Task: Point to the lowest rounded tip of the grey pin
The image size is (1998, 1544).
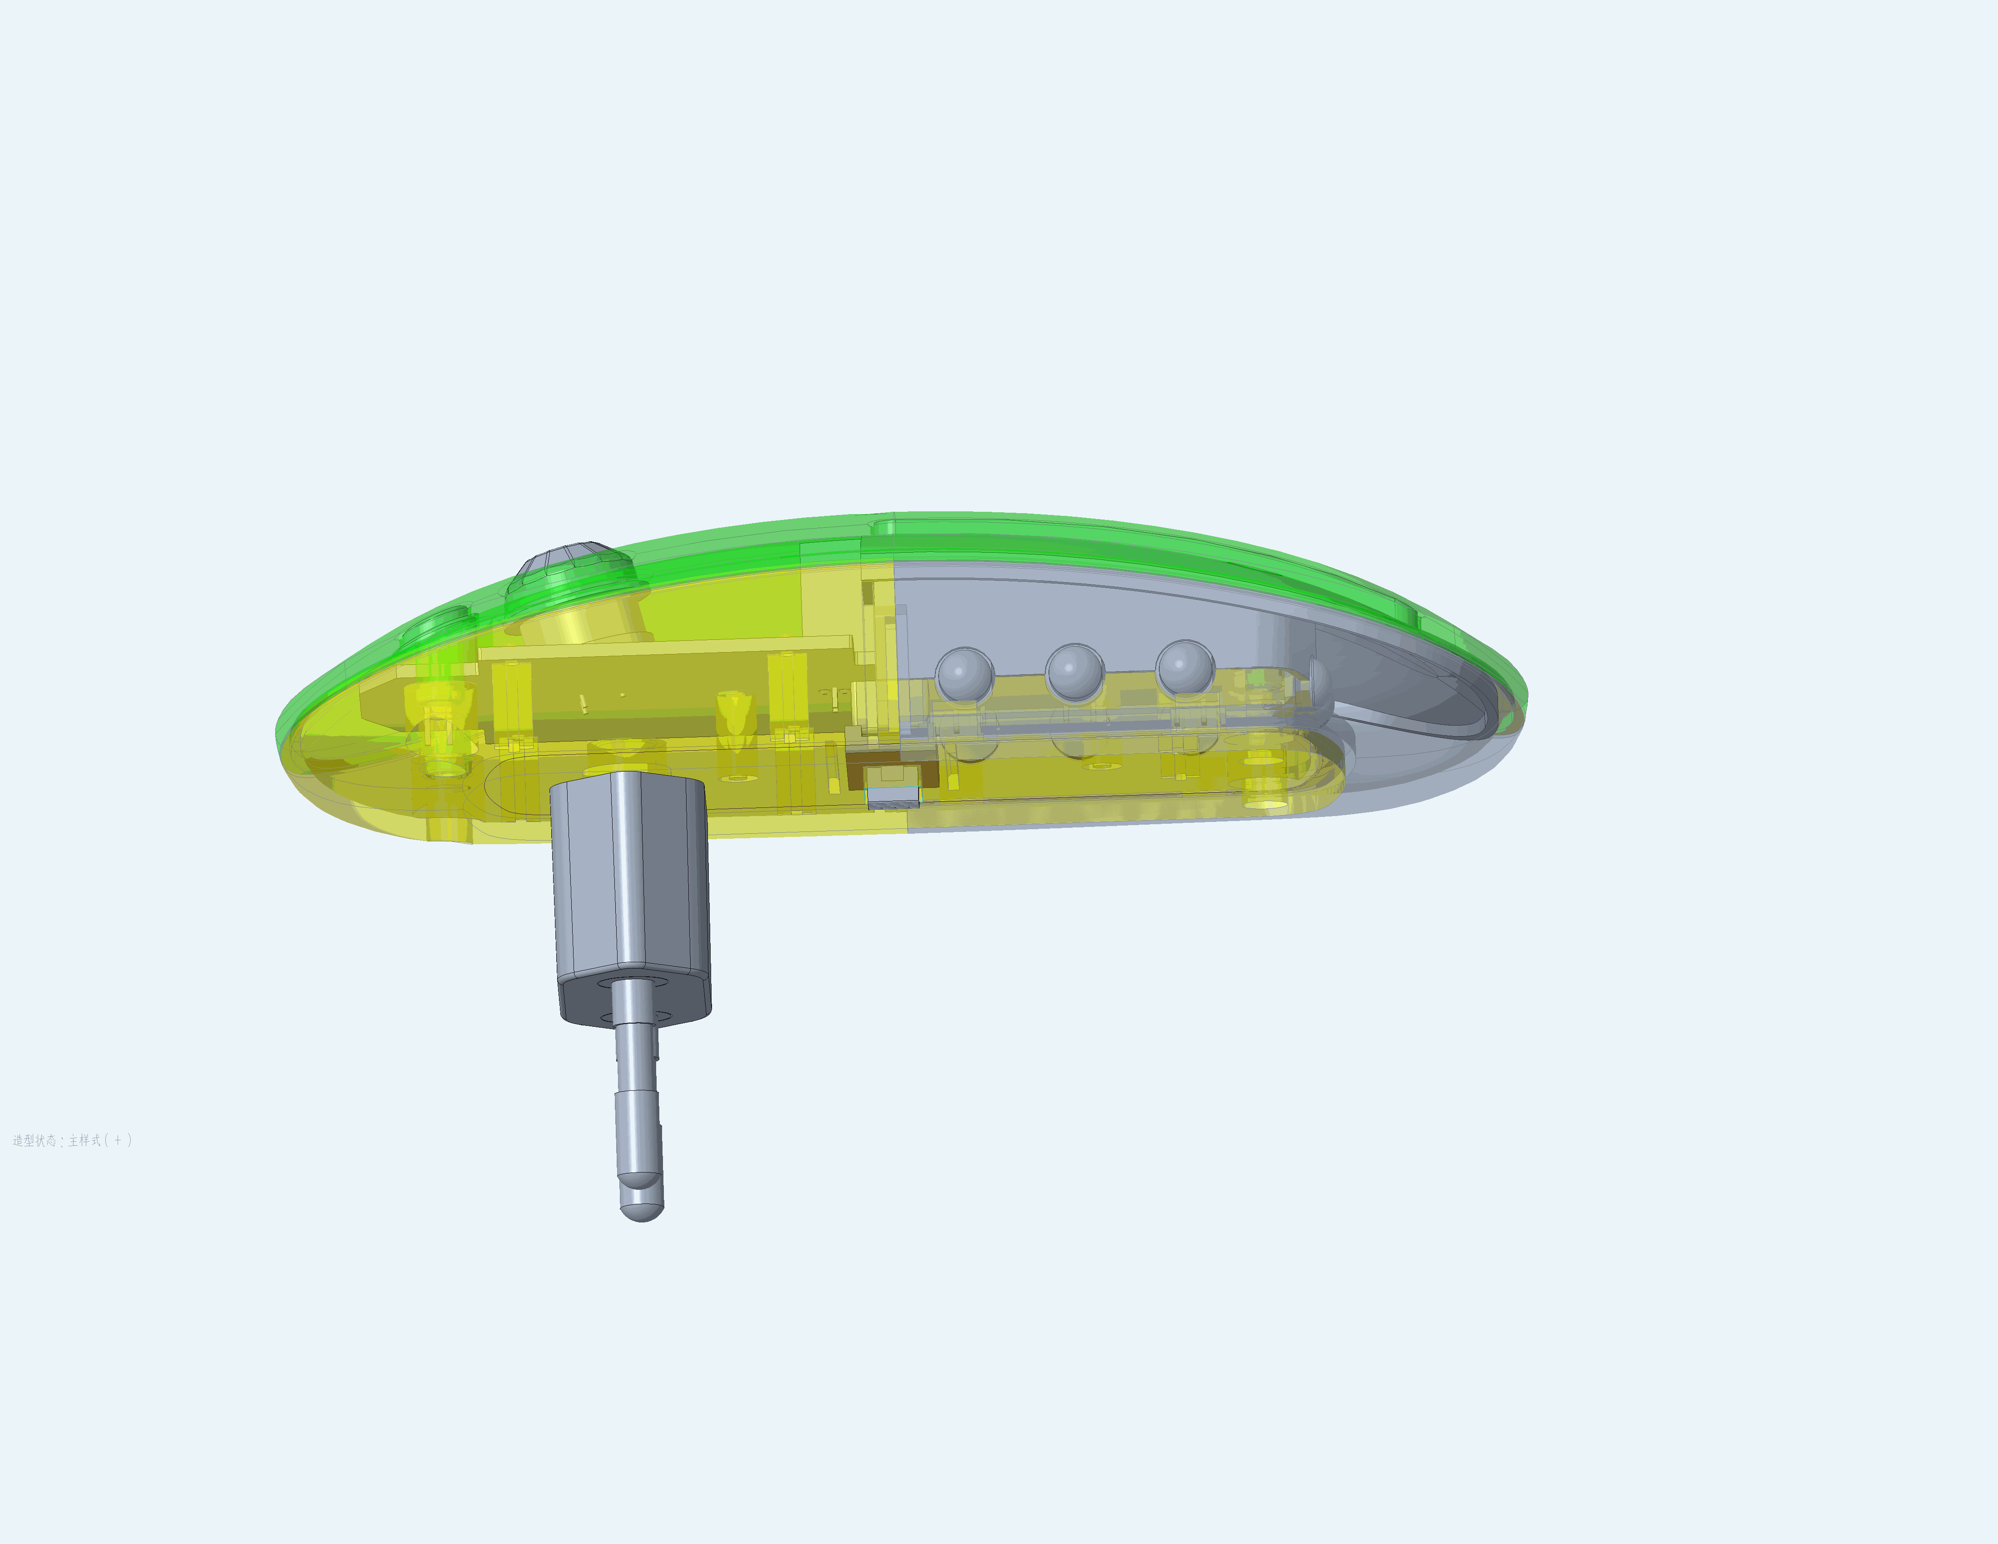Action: click(642, 1209)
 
